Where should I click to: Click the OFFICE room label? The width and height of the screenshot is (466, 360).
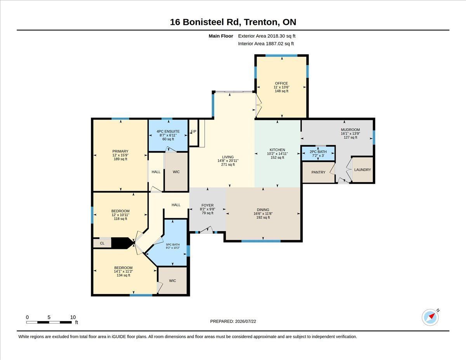282,83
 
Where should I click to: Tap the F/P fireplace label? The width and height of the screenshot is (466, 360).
193,131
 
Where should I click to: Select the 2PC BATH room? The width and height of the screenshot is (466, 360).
318,153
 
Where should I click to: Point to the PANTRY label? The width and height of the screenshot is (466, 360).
318,172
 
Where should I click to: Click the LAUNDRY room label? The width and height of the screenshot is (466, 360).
362,170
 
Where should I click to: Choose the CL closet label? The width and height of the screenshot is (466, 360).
102,243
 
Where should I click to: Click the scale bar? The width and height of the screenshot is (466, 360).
49,322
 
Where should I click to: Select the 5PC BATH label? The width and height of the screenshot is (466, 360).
173,244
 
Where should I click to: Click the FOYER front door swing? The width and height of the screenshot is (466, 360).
207,230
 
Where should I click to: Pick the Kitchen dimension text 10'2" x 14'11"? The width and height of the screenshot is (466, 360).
277,153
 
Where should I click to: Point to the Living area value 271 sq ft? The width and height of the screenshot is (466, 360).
228,164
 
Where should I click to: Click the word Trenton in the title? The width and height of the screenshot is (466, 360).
261,22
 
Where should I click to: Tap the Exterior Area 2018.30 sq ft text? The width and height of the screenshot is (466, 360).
266,36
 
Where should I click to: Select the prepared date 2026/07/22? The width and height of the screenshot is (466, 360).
245,321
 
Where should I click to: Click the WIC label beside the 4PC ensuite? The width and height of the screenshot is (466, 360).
176,172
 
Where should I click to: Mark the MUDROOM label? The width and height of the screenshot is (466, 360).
350,129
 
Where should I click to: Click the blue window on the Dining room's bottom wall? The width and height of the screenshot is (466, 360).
261,241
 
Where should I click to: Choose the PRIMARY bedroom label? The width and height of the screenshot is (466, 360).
120,151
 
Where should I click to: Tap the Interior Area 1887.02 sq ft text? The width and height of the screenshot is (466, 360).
266,44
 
